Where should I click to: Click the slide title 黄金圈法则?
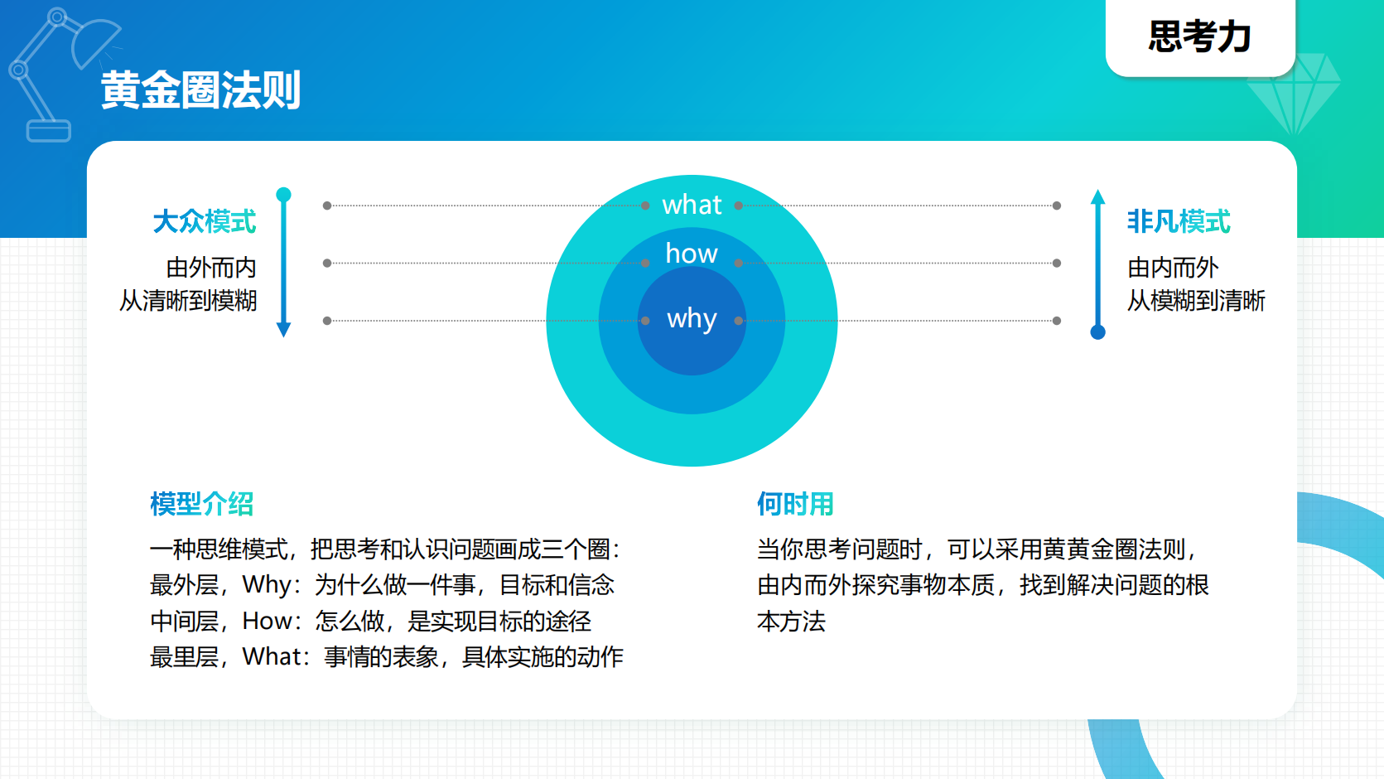click(200, 90)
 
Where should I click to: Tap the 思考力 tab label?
click(1199, 37)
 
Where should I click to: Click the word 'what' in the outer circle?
click(692, 205)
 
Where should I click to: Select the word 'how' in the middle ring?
click(692, 254)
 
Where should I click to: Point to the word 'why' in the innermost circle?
click(692, 319)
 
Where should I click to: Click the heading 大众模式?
click(205, 222)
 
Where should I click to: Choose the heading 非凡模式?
click(1178, 222)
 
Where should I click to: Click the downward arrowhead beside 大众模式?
click(283, 329)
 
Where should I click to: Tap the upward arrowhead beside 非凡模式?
click(1098, 197)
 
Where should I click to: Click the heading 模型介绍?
click(201, 504)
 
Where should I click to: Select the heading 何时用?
click(795, 504)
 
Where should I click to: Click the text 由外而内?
click(211, 268)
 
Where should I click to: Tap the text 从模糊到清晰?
click(1196, 301)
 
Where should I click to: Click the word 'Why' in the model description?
click(266, 585)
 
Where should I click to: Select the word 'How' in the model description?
click(266, 622)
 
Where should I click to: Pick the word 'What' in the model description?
click(271, 657)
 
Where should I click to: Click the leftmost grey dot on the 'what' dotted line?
click(327, 206)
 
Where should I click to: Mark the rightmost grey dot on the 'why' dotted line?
click(1057, 321)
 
